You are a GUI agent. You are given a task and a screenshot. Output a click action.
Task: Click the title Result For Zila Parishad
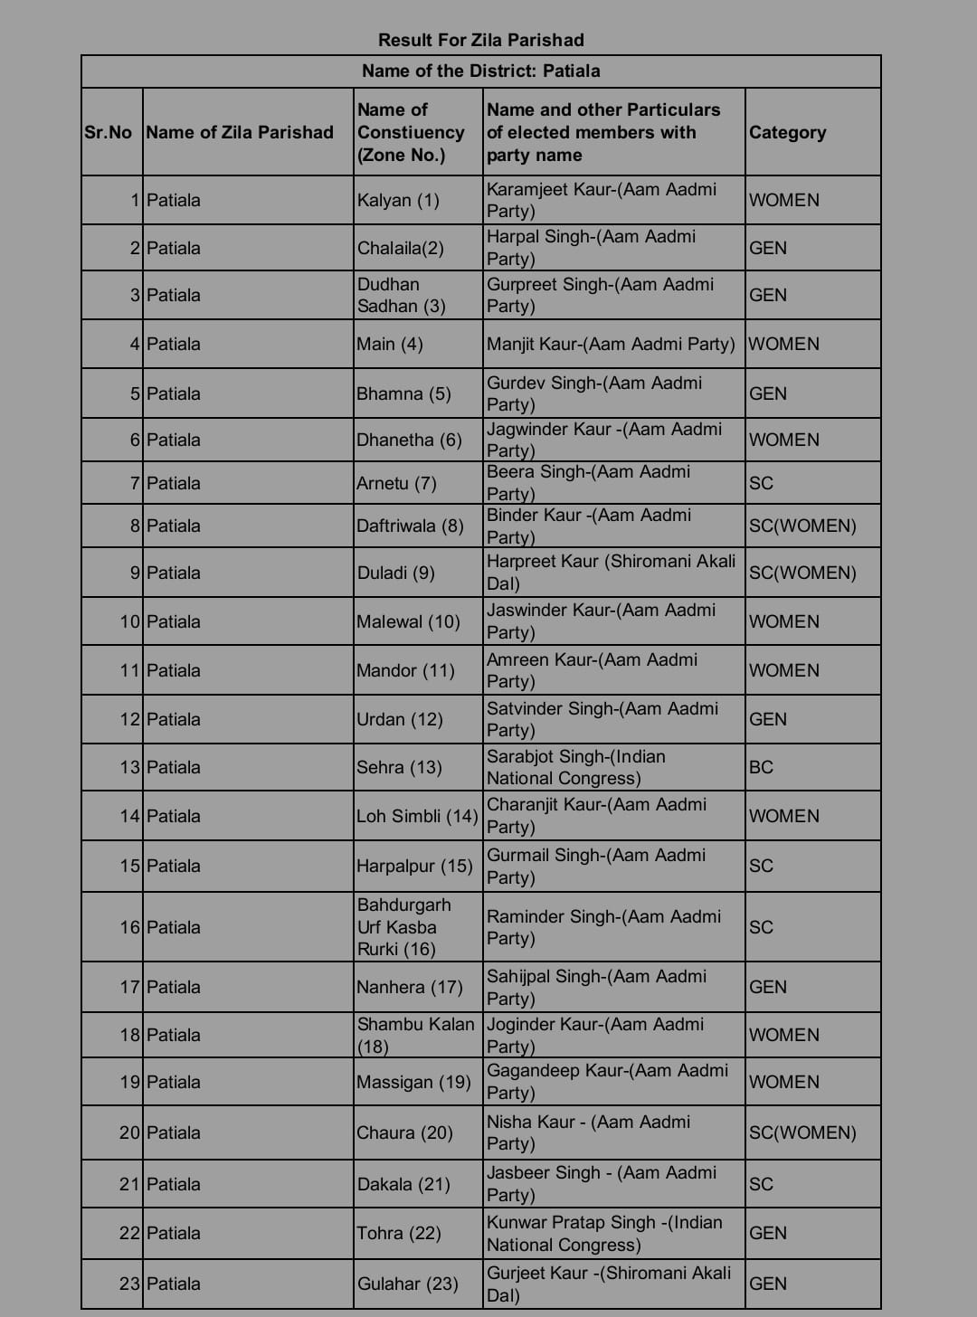[480, 40]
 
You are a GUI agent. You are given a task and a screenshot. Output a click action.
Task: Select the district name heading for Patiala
[480, 71]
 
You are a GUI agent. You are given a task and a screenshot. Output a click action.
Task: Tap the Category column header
[787, 132]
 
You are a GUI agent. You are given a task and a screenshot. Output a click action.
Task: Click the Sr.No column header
[108, 132]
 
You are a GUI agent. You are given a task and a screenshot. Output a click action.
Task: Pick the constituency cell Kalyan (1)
[398, 200]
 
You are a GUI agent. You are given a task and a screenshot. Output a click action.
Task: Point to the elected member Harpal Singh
[591, 247]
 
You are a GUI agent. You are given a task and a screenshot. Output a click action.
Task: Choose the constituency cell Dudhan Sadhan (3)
[401, 295]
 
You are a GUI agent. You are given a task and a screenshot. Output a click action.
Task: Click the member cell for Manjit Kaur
[610, 344]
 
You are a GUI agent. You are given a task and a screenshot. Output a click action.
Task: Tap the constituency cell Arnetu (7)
[396, 483]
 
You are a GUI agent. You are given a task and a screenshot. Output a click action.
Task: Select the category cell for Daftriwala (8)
[802, 526]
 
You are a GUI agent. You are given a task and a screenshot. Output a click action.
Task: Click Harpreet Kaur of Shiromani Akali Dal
[611, 572]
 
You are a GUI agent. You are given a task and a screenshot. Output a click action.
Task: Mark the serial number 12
[129, 719]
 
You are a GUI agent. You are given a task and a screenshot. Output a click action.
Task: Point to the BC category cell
[761, 767]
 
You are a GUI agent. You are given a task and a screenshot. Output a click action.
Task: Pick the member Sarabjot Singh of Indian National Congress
[575, 767]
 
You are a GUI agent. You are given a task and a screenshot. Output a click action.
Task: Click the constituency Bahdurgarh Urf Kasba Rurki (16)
[403, 926]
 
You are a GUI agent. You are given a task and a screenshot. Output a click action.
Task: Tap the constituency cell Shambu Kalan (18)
[415, 1035]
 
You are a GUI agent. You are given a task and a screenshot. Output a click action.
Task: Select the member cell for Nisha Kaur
[588, 1132]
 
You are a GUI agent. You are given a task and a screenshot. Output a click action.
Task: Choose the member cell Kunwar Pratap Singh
[604, 1233]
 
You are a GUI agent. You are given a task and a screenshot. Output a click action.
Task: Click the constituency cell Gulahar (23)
[407, 1284]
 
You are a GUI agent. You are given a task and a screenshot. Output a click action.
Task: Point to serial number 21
[129, 1184]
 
